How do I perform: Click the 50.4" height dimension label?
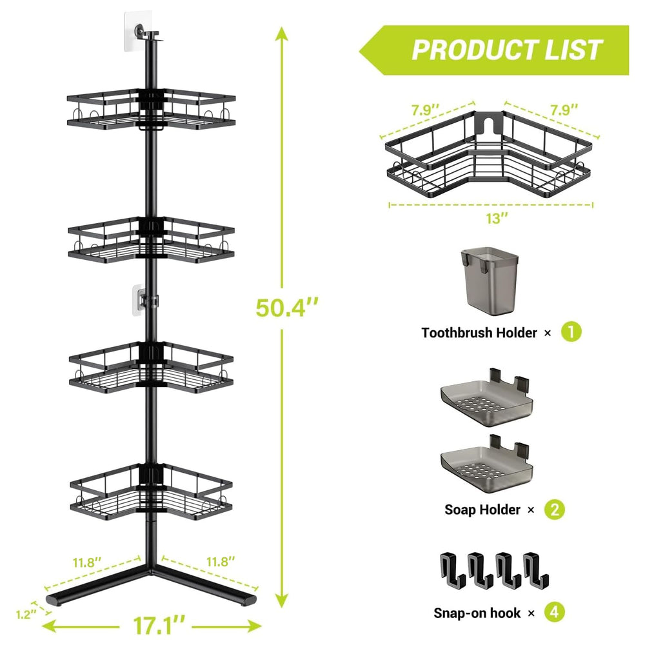(287, 308)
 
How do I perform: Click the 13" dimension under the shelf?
(497, 219)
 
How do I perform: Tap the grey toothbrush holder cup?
(490, 281)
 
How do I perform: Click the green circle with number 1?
(571, 332)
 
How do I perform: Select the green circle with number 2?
(555, 510)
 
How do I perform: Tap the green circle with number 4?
(554, 613)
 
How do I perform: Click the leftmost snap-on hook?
(453, 571)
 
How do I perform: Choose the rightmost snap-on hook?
(535, 571)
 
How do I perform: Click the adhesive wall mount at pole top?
(138, 31)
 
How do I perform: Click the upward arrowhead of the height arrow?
(282, 34)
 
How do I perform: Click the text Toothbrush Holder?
(479, 332)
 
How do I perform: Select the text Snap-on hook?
(477, 613)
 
